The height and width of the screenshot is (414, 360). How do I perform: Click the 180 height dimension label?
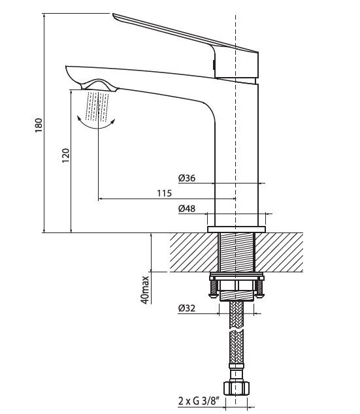click(x=38, y=124)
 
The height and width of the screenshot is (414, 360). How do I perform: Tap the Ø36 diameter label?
click(x=187, y=177)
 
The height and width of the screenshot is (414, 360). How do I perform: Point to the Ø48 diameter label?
click(x=187, y=208)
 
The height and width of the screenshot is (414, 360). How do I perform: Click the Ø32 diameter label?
click(x=187, y=309)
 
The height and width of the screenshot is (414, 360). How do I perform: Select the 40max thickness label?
click(x=145, y=289)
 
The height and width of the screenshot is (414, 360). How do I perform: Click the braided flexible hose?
click(x=236, y=340)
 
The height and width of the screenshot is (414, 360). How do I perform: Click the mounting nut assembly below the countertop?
click(x=236, y=285)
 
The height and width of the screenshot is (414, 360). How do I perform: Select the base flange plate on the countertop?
click(x=236, y=229)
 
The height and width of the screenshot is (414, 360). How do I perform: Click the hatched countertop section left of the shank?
click(x=193, y=253)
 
